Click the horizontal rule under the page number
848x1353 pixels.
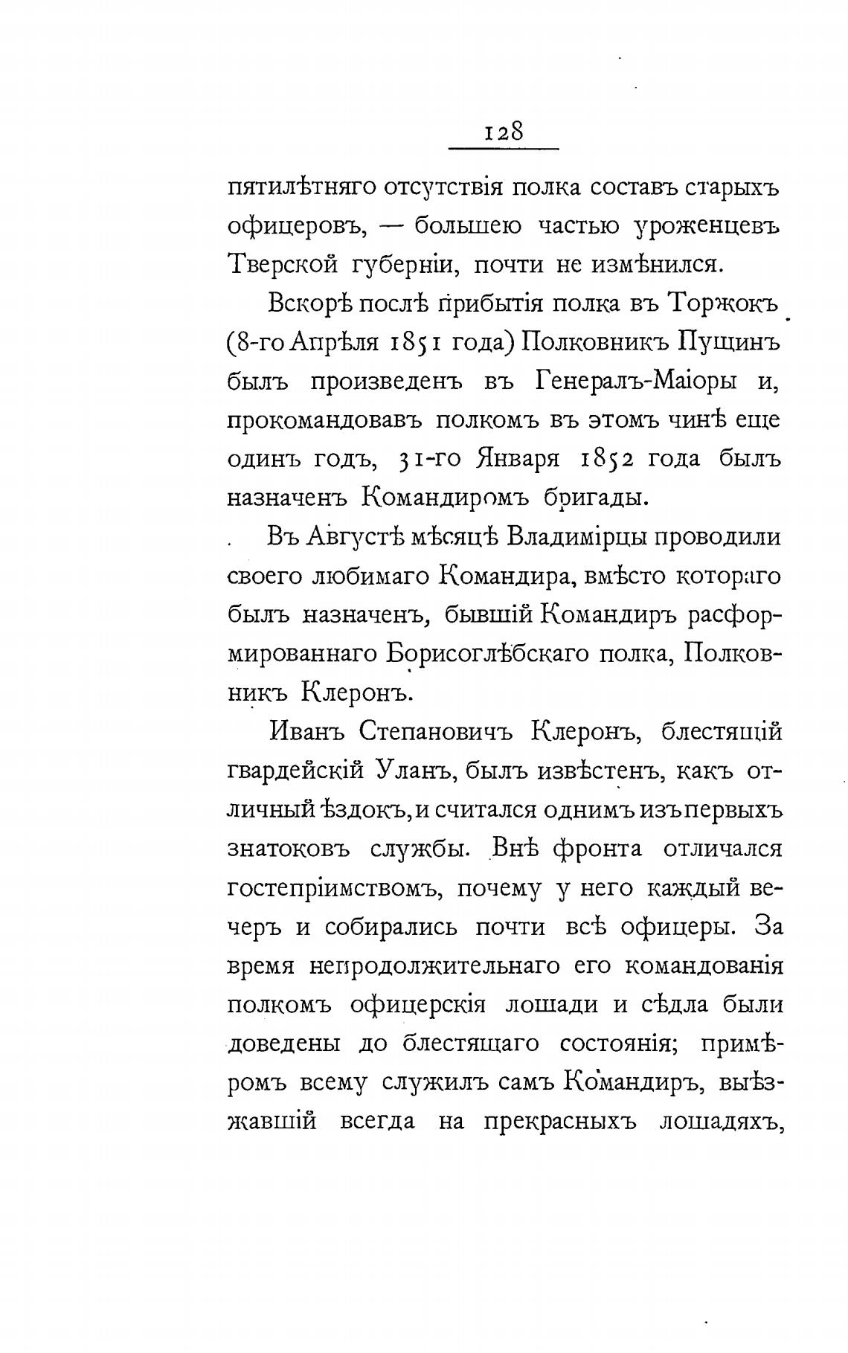[504, 151]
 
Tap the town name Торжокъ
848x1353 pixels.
[724, 303]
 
